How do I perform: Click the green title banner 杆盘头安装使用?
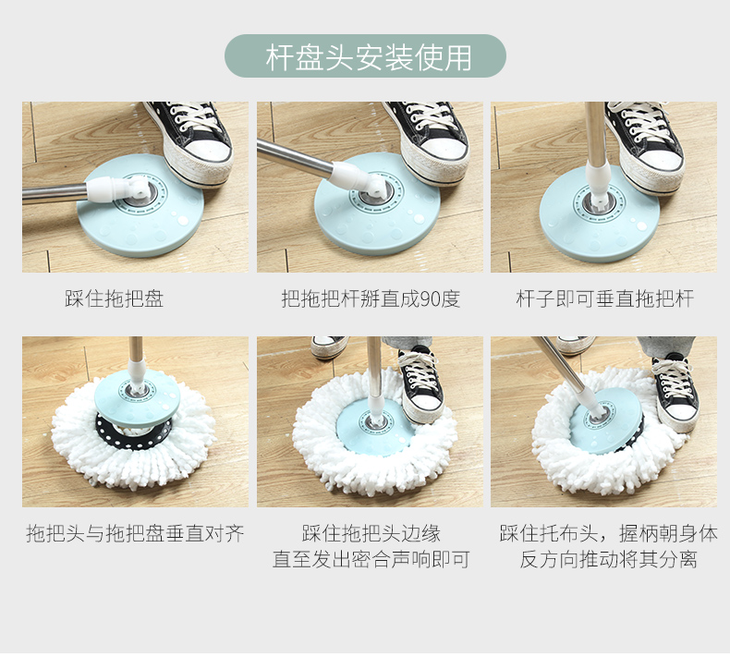point(366,55)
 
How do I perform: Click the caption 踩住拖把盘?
point(115,298)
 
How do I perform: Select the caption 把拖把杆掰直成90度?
point(371,298)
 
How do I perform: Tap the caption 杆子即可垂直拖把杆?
point(604,298)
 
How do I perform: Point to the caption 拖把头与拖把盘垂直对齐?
point(135,533)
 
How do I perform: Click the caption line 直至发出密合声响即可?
point(371,559)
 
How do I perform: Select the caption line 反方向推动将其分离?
point(609,559)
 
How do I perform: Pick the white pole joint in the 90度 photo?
point(358,179)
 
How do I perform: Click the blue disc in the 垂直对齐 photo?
point(138,397)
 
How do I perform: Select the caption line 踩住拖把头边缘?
point(371,533)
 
